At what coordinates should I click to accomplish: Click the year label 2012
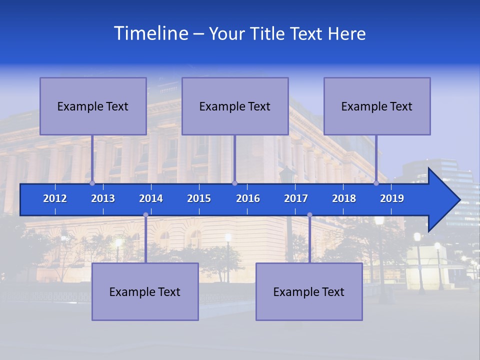point(55,198)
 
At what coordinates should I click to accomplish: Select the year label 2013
point(103,198)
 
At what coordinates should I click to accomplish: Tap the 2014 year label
point(151,198)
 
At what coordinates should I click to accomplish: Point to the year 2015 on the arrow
point(199,198)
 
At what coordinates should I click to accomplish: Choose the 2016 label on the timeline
point(248,198)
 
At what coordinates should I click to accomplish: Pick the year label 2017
point(296,198)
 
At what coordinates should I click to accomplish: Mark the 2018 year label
point(344,198)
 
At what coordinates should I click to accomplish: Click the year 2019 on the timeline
point(392,198)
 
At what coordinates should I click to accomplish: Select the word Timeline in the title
point(150,33)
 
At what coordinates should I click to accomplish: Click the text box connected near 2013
point(93,106)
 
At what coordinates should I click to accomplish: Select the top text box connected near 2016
point(235,106)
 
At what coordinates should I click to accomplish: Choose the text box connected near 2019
point(377,106)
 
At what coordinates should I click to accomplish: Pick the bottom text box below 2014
point(145,291)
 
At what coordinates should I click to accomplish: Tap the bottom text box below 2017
point(309,291)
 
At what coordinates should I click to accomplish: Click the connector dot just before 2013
point(92,183)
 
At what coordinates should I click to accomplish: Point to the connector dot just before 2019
point(376,183)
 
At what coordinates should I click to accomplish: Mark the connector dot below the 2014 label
point(145,215)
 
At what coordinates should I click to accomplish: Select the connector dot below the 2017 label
point(309,215)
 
